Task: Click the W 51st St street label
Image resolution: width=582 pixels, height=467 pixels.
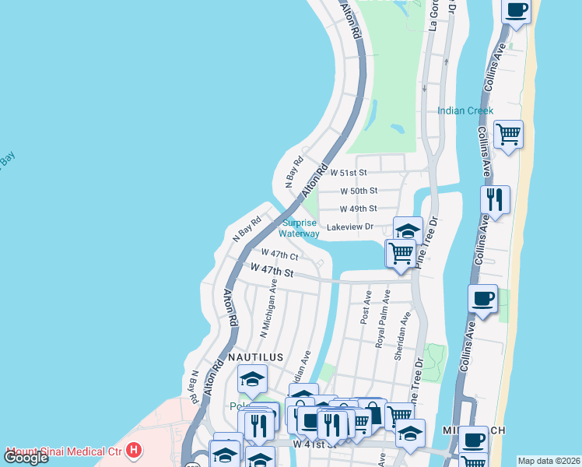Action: coord(348,172)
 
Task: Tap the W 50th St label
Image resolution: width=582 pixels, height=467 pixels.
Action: coord(359,191)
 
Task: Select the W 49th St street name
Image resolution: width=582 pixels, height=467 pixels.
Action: coord(359,209)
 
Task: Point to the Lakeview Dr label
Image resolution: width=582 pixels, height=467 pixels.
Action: coord(350,227)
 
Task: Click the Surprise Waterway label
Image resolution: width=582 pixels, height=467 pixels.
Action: coord(300,228)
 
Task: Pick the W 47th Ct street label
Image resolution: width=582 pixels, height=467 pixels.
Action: coord(279,255)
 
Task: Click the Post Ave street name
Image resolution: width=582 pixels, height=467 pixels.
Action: coord(366,308)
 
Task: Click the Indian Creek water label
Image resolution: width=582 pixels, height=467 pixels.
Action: coord(465,111)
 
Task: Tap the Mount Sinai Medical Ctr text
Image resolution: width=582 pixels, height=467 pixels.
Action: coord(65,451)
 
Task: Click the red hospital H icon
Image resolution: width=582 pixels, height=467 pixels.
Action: coord(135,450)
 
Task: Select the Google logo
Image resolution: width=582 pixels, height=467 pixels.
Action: coord(26,458)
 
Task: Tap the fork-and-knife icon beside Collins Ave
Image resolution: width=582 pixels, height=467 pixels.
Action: coord(495,199)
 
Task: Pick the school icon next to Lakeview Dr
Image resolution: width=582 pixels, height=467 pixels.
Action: coord(408,230)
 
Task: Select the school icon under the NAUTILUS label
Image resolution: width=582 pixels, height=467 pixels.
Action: coord(252,378)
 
